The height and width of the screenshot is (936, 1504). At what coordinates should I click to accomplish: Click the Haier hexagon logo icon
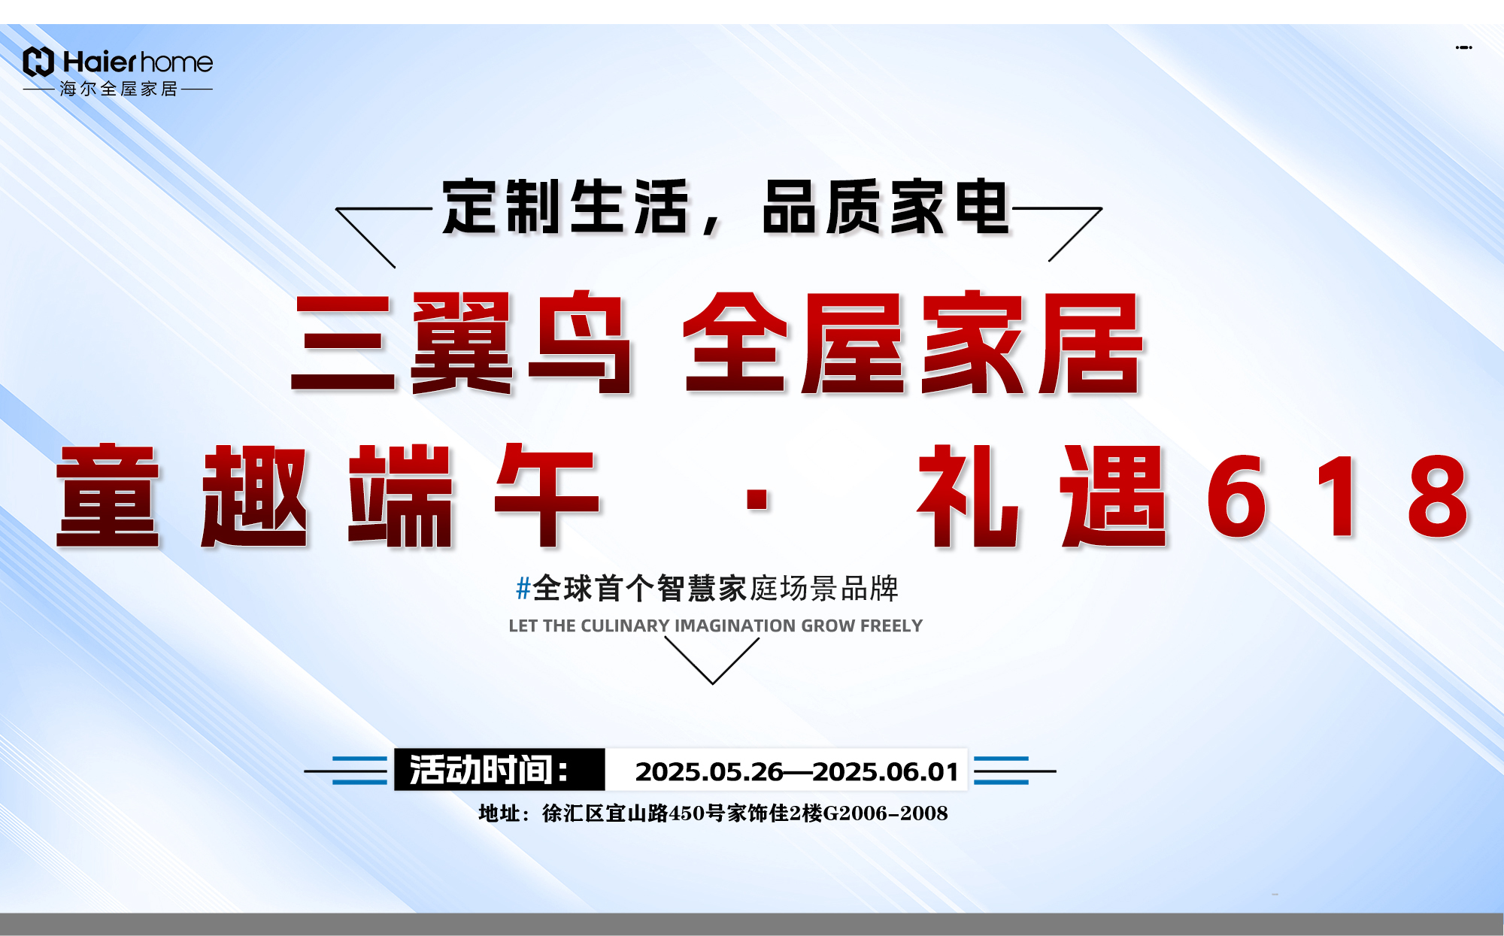pos(38,62)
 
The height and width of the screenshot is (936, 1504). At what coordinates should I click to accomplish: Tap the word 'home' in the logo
pos(177,62)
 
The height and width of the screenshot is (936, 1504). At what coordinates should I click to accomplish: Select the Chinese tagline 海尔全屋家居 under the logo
pos(119,89)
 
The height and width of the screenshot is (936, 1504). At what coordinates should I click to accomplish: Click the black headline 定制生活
pos(566,207)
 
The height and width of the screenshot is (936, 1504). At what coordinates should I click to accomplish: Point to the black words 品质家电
pos(885,207)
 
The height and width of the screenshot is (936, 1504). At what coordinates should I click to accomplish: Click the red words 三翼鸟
pos(462,343)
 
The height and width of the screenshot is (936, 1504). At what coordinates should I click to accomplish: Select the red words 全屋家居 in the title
pos(914,343)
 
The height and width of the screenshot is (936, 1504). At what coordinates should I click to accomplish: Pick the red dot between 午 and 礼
pos(757,499)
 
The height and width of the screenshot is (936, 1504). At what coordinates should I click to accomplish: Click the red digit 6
pos(1237,496)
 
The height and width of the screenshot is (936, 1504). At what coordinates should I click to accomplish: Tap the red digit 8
pos(1438,496)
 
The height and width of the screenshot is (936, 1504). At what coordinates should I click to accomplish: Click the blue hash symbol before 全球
pos(523,588)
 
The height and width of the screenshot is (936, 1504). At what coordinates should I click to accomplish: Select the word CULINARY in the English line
pos(625,626)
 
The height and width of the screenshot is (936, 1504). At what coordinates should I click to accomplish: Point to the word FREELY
pos(891,626)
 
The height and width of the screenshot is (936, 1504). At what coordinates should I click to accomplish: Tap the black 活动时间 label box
pos(499,770)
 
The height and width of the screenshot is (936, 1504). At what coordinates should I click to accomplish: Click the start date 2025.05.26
pos(709,771)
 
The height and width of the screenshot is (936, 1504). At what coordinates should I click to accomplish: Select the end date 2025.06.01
pos(886,771)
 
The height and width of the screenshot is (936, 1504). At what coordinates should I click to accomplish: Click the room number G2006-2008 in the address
pos(886,813)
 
